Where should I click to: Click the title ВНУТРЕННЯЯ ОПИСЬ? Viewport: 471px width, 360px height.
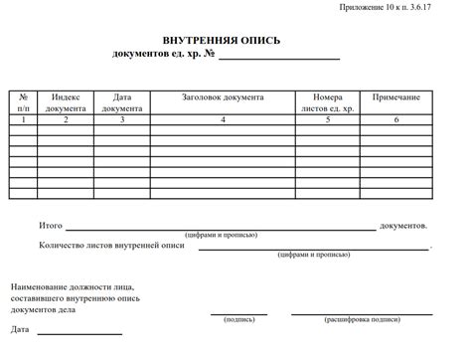tap(222, 41)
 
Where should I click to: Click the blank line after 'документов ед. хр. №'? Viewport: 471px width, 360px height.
tap(279, 59)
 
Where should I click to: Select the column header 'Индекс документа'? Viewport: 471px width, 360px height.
tap(66, 103)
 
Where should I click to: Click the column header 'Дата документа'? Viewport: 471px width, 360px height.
tap(122, 103)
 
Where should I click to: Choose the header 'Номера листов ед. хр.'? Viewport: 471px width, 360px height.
tap(327, 103)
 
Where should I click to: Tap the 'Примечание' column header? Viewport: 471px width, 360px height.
tap(396, 98)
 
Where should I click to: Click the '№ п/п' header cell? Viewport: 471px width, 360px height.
tap(23, 103)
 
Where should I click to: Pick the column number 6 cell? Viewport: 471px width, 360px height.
tap(396, 119)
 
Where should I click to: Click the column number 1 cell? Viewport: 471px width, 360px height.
tap(23, 119)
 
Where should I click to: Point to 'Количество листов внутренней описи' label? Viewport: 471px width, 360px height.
tap(111, 245)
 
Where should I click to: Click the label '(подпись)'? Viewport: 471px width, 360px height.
tap(238, 320)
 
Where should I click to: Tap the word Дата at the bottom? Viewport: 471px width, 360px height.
tap(21, 329)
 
